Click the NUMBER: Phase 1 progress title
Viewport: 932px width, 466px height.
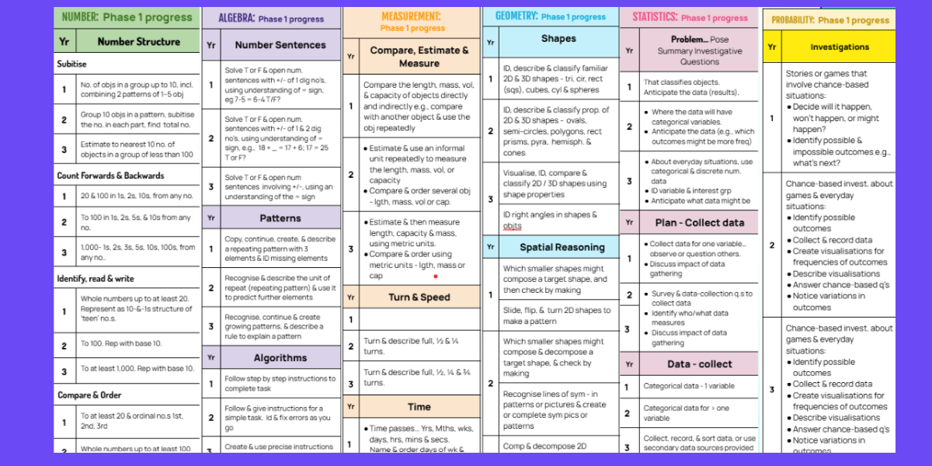tap(126, 17)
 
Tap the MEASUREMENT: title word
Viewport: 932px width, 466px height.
tap(411, 16)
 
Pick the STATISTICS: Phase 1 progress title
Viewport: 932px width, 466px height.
tap(690, 17)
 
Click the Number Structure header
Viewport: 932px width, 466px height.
tap(138, 42)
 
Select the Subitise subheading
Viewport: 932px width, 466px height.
tap(72, 64)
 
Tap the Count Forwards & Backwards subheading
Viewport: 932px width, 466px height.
tap(110, 176)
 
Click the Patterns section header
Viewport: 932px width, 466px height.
tap(280, 218)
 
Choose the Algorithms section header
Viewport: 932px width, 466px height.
tap(280, 358)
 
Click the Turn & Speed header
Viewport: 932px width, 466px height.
tap(419, 297)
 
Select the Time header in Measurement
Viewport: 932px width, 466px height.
tap(419, 406)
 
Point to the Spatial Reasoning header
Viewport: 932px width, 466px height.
tap(563, 247)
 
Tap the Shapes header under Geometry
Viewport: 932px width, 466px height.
tap(558, 39)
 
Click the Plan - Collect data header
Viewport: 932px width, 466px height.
tap(699, 223)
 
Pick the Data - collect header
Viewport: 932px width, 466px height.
tap(699, 364)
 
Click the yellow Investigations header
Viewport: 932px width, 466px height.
tap(840, 47)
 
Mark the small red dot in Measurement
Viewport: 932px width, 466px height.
tap(436, 276)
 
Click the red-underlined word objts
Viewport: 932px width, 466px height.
tap(513, 226)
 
